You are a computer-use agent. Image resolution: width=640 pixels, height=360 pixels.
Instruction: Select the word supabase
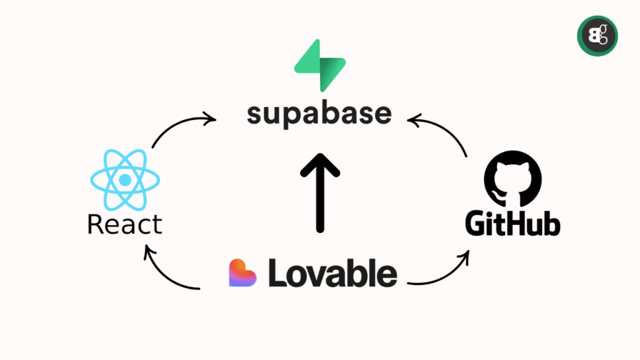pyautogui.click(x=319, y=114)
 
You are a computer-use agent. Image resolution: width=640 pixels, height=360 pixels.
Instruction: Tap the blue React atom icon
pyautogui.click(x=125, y=180)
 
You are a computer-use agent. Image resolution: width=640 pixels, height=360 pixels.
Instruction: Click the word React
pyautogui.click(x=125, y=224)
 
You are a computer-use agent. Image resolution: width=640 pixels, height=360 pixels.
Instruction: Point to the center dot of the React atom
pyautogui.click(x=125, y=180)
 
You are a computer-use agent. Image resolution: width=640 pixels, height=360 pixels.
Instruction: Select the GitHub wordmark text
pyautogui.click(x=512, y=224)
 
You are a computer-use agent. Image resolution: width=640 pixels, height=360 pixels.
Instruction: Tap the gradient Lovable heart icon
pyautogui.click(x=244, y=273)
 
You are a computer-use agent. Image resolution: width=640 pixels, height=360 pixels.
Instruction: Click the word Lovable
pyautogui.click(x=332, y=273)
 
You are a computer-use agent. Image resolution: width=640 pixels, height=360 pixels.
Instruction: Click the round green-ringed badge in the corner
pyautogui.click(x=596, y=36)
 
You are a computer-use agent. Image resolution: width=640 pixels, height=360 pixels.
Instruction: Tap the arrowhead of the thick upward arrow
pyautogui.click(x=320, y=165)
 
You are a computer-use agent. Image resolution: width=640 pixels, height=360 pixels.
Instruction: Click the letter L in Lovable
pyautogui.click(x=277, y=273)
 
